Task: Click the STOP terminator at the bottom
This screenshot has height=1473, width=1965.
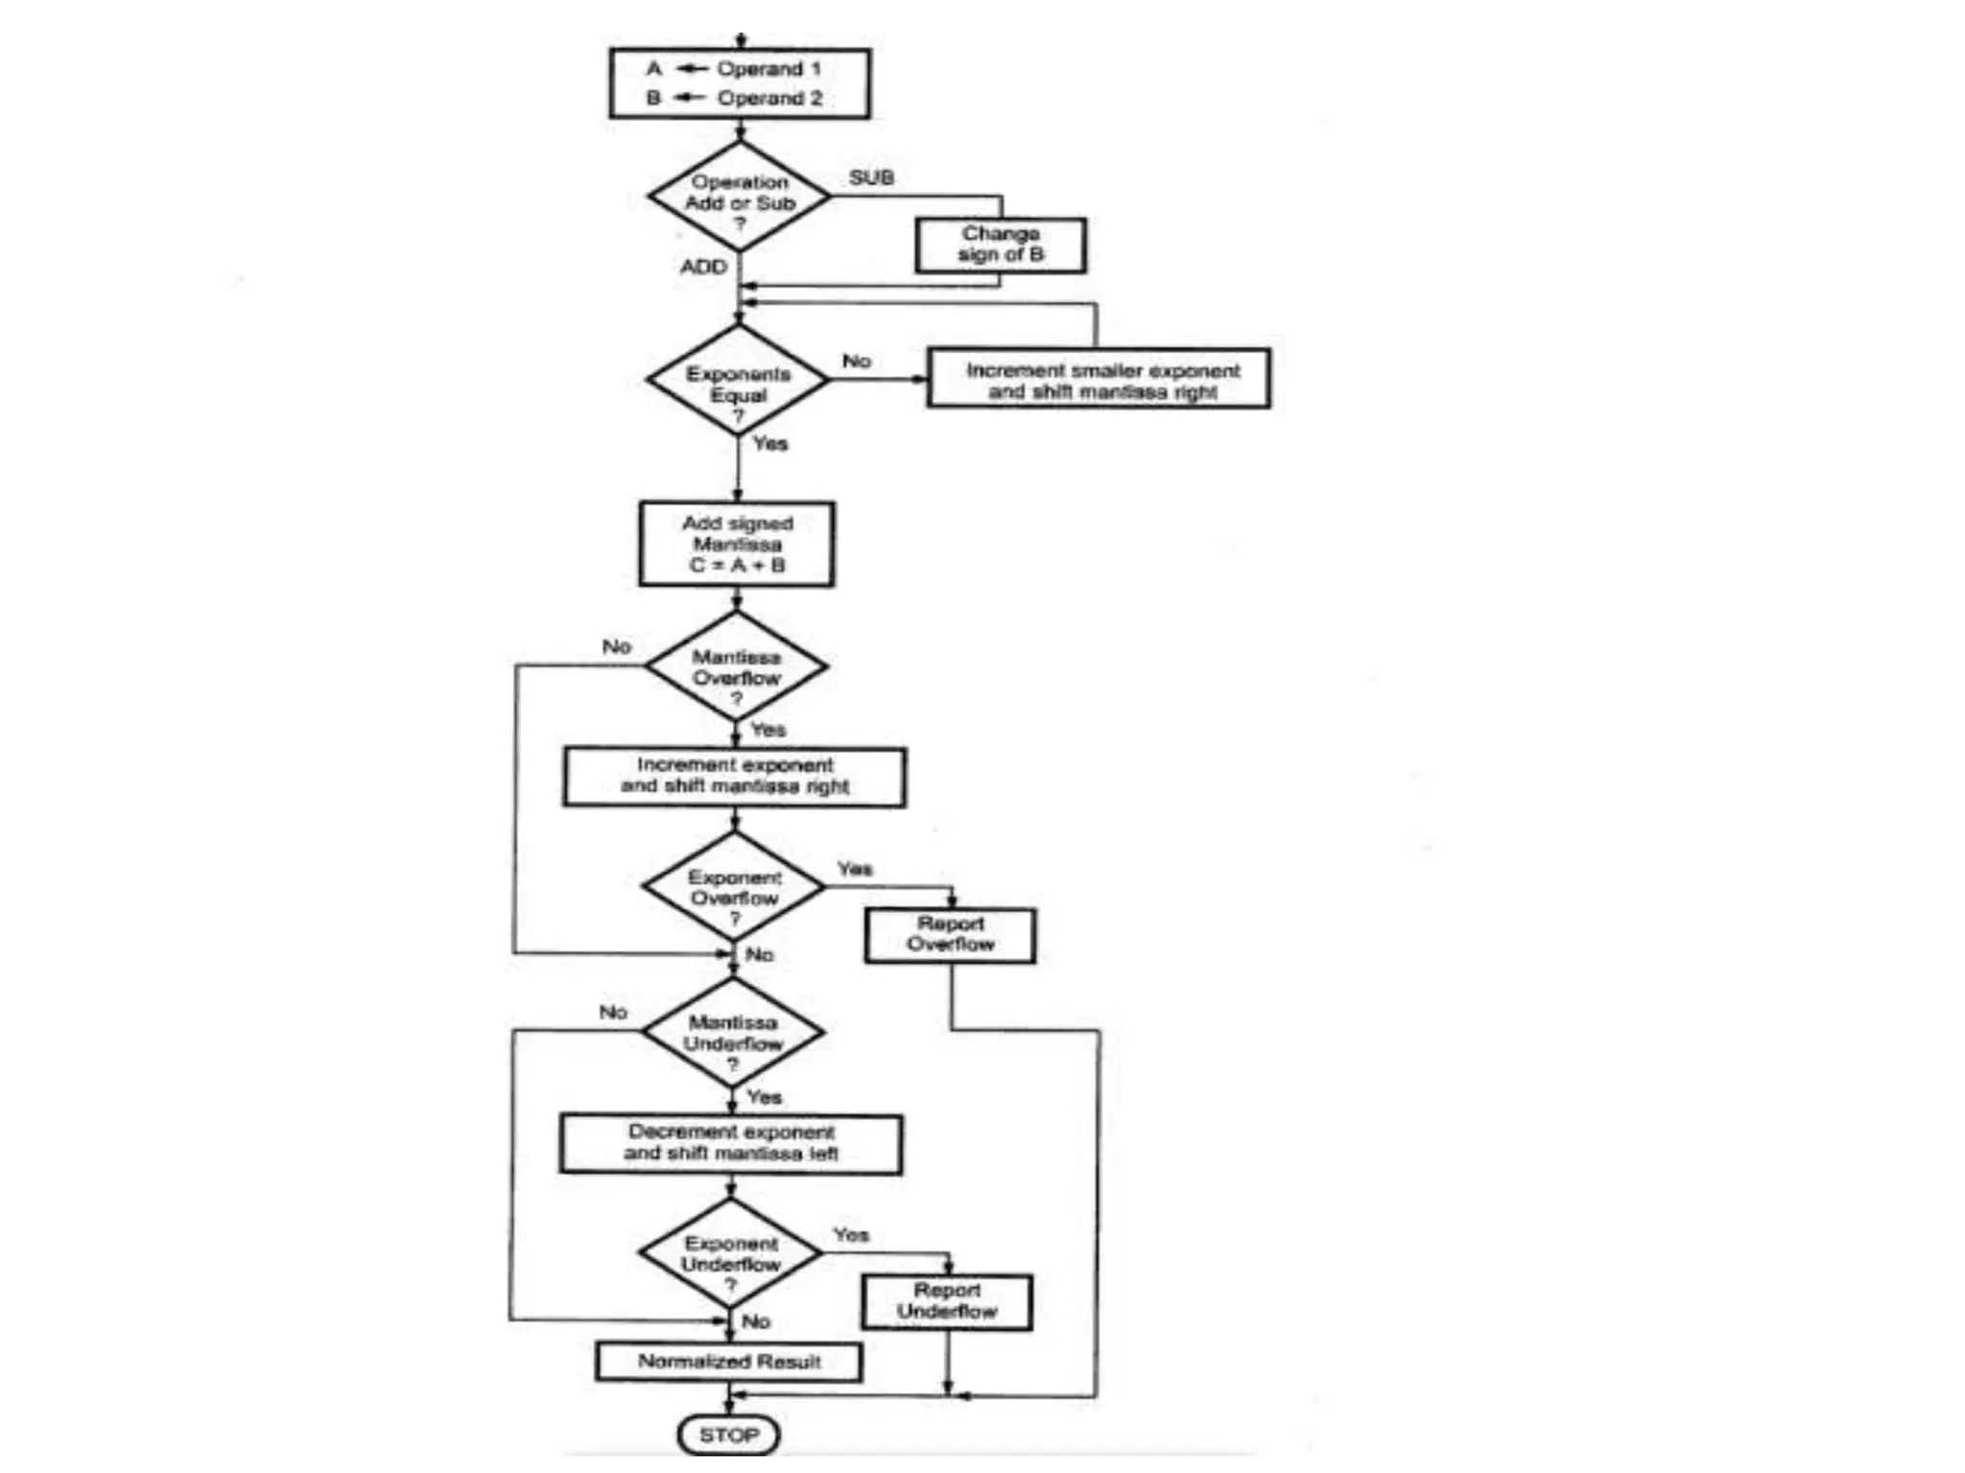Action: [728, 1435]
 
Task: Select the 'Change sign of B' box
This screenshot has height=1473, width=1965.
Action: [1001, 245]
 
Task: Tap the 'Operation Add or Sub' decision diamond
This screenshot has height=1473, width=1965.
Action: [739, 198]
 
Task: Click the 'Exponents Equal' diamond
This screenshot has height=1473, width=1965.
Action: [738, 381]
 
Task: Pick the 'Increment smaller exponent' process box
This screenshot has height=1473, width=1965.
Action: [1099, 379]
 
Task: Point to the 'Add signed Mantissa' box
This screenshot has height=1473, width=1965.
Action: [737, 544]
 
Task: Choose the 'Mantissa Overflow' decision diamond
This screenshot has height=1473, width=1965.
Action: [736, 666]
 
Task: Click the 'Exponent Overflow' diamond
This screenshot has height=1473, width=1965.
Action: [734, 887]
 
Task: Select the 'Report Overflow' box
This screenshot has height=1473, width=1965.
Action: [950, 935]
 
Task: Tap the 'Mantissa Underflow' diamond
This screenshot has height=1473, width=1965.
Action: [732, 1033]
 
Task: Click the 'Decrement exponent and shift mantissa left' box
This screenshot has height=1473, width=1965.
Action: [731, 1143]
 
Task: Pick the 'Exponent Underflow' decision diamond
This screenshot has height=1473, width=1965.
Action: [730, 1253]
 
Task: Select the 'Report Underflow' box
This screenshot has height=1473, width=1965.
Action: [947, 1301]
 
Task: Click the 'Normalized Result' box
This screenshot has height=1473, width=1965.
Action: [728, 1362]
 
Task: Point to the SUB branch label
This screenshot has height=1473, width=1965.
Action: [871, 177]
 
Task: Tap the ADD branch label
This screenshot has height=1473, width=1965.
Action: [703, 267]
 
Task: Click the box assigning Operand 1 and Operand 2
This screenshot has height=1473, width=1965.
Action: [740, 83]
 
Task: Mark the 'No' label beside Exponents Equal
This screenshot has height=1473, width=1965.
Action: [856, 362]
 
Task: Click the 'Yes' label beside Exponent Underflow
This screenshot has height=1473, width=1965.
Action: [850, 1235]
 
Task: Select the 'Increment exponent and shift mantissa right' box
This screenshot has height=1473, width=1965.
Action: [734, 776]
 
